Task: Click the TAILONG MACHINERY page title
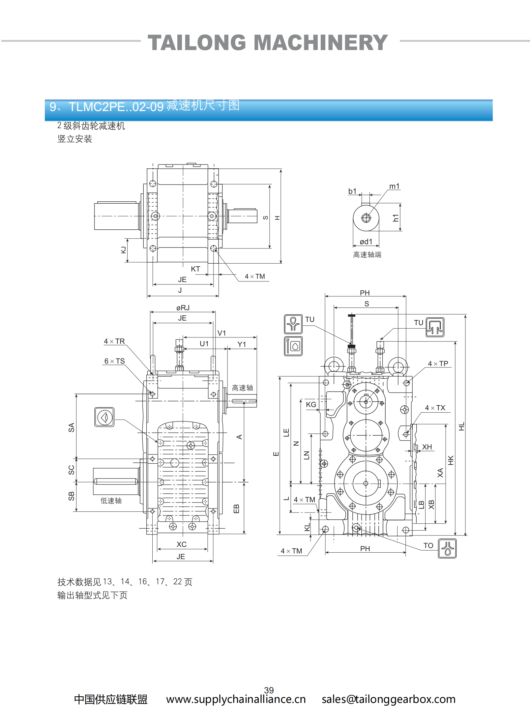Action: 268,43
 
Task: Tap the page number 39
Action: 269,690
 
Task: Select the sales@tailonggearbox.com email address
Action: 388,699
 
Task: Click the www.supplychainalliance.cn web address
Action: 236,699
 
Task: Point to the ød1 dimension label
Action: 366,242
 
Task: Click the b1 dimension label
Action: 352,191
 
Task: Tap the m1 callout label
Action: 394,186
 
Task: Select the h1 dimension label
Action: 396,218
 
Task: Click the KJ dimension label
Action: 124,250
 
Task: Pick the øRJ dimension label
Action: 183,308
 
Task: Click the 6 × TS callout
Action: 114,361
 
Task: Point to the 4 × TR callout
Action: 114,341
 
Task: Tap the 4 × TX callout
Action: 435,408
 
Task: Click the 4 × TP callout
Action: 438,363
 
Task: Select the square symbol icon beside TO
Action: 447,548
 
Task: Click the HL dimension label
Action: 461,426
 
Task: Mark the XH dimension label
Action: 427,447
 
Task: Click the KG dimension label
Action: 311,405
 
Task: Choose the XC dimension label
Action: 182,544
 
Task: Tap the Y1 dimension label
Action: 242,344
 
